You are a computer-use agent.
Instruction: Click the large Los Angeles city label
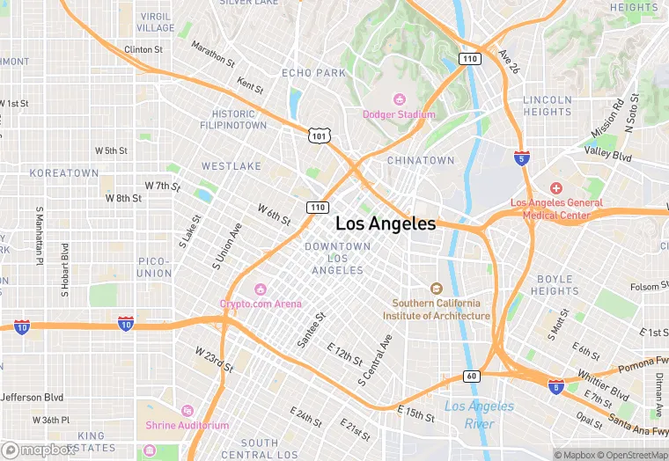(386, 223)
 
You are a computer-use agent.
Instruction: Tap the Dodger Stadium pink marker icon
(400, 99)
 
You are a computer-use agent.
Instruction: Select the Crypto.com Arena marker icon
(261, 289)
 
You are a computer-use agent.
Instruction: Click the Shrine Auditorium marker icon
(186, 411)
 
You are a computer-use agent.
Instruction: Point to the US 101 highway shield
(319, 135)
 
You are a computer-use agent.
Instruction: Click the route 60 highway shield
(472, 377)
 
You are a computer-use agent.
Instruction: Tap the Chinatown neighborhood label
(421, 160)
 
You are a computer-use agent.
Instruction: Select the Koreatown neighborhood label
(64, 173)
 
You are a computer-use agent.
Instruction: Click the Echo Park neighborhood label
(313, 73)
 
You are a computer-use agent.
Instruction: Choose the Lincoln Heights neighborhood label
(547, 106)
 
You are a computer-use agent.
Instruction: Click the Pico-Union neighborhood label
(154, 267)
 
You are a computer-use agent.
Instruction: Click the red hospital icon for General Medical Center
(555, 188)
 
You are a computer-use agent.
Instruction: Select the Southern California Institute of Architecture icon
(435, 289)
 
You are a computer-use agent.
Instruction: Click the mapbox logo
(39, 449)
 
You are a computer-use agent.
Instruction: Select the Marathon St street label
(213, 56)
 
